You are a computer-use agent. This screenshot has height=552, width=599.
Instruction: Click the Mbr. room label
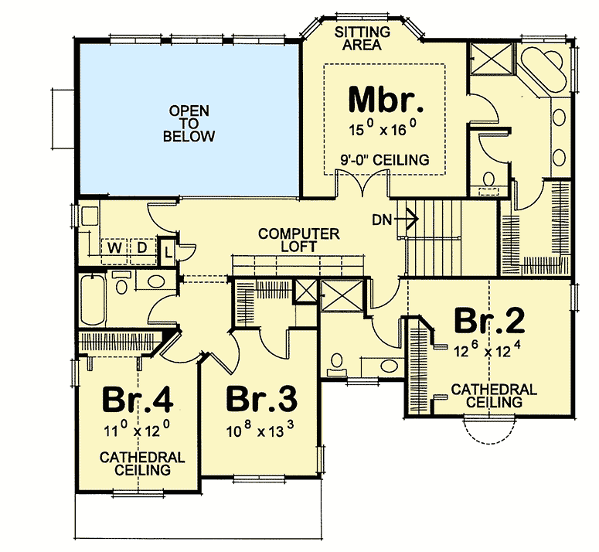[386, 99]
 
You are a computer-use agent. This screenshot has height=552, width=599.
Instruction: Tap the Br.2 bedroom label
[489, 322]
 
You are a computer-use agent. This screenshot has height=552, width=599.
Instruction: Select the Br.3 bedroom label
[262, 400]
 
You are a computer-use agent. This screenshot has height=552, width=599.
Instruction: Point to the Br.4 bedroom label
[138, 400]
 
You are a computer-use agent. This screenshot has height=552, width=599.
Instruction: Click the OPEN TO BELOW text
[189, 124]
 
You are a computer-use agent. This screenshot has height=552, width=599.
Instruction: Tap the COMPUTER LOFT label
[299, 240]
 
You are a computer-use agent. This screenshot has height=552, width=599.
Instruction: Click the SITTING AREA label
[362, 38]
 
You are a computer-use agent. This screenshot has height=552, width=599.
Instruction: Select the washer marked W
[114, 251]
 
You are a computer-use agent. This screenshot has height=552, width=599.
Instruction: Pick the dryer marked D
[142, 251]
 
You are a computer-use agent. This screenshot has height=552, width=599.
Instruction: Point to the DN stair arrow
[407, 220]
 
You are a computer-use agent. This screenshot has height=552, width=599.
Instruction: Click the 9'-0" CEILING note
[385, 159]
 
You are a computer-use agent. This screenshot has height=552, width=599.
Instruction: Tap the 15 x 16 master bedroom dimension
[382, 128]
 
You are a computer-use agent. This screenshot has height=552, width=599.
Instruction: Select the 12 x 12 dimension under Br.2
[488, 349]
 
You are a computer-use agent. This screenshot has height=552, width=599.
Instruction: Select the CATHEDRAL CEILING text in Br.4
[142, 463]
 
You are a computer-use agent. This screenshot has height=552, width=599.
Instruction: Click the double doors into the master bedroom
[362, 182]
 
